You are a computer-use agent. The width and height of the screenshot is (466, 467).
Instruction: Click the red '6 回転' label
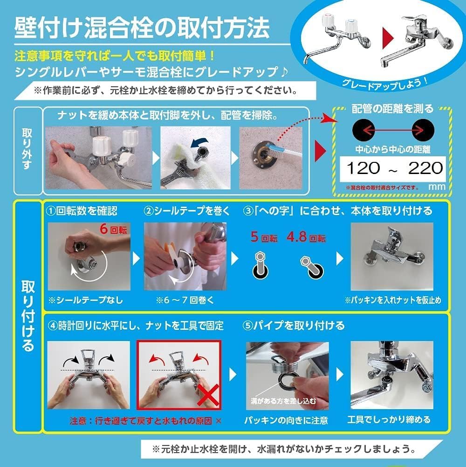113,230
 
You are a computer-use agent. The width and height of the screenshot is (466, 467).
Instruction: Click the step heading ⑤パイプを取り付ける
294,325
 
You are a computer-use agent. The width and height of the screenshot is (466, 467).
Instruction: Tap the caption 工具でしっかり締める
389,420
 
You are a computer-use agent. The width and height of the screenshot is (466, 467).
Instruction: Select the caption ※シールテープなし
86,300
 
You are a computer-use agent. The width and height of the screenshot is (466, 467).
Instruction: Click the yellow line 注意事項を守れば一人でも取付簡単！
115,56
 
